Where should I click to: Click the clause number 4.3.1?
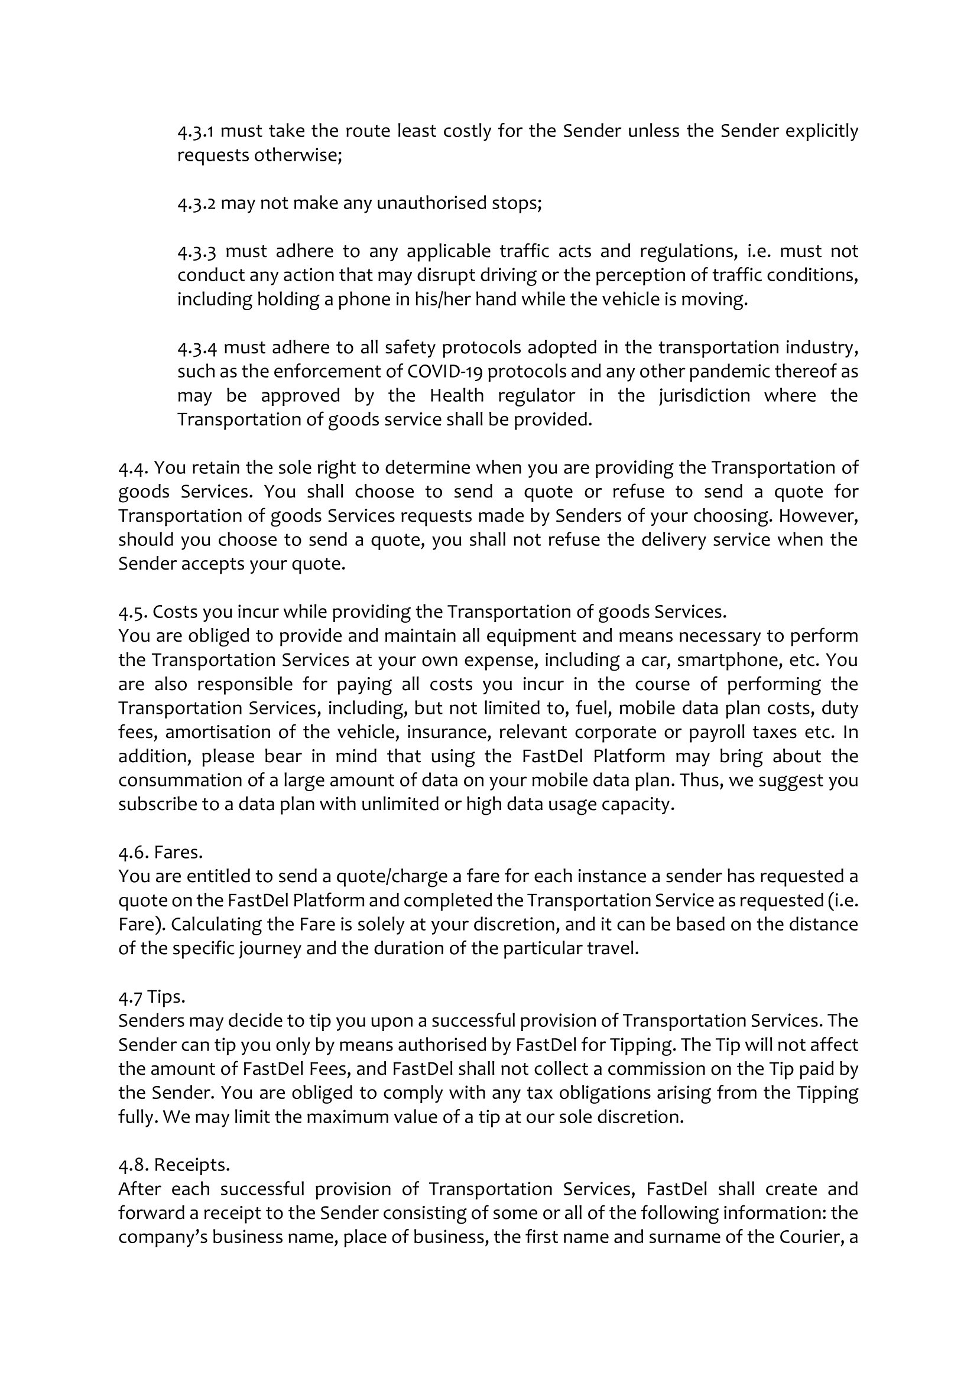click(196, 131)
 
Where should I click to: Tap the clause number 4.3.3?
click(196, 251)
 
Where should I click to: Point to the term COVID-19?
click(444, 372)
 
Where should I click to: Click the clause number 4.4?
click(133, 468)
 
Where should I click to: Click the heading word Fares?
click(178, 853)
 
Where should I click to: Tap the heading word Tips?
click(166, 997)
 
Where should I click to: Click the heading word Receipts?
click(192, 1166)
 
